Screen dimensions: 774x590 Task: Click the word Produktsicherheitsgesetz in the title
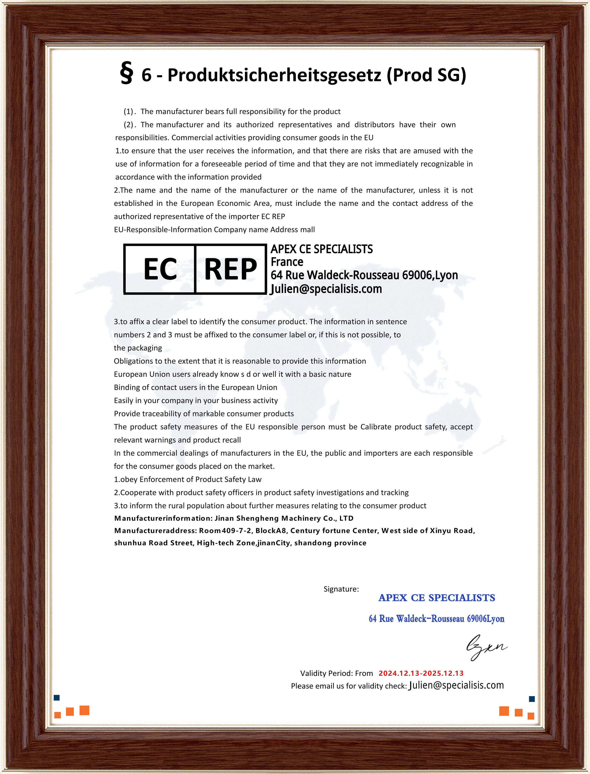point(274,75)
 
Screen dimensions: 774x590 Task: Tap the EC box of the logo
point(160,269)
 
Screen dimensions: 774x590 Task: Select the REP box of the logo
point(230,269)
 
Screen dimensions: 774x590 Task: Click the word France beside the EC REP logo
point(287,262)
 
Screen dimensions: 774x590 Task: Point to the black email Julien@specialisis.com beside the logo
point(326,289)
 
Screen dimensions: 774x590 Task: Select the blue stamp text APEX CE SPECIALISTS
point(436,598)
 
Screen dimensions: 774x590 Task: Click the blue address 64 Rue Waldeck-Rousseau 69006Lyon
point(436,619)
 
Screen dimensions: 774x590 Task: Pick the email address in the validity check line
point(456,686)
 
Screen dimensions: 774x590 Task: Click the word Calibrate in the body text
point(376,427)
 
